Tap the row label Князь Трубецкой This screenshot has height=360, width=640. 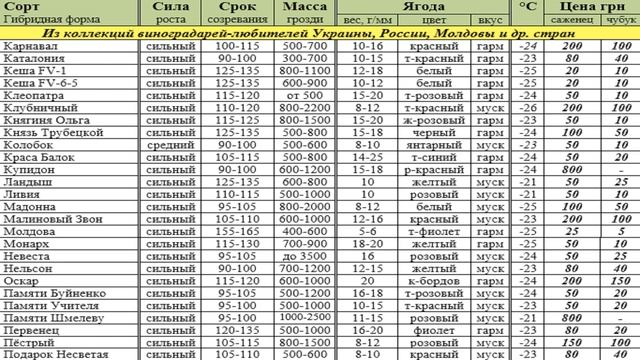click(49, 131)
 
